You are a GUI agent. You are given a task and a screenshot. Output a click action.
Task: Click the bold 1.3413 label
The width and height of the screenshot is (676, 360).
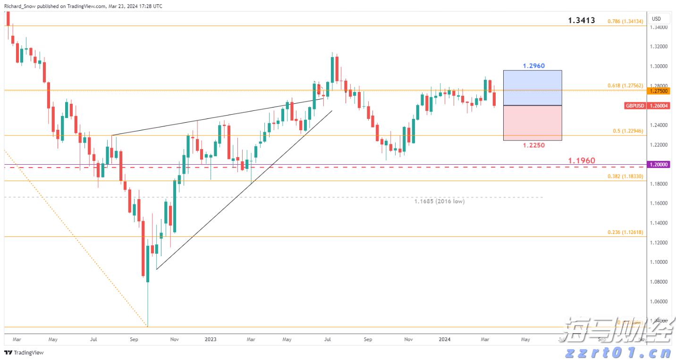pos(582,20)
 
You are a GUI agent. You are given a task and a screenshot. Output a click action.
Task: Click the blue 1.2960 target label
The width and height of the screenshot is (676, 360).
pos(533,66)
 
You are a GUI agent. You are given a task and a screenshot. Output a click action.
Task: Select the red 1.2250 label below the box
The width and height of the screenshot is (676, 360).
pos(533,145)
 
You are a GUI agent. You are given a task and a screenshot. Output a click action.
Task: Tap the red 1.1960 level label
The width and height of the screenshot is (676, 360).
pos(582,161)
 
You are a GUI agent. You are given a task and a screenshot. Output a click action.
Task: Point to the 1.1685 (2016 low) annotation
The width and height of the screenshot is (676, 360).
pos(439,201)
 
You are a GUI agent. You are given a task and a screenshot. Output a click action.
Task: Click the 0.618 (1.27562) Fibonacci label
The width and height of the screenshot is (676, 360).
pos(625,85)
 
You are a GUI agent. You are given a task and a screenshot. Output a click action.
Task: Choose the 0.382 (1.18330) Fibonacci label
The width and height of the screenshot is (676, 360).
pos(625,176)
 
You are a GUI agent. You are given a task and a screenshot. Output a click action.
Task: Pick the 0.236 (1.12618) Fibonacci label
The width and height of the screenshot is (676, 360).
pos(625,233)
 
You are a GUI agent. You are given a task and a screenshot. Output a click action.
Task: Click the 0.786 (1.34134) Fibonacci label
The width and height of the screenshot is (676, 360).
pos(625,21)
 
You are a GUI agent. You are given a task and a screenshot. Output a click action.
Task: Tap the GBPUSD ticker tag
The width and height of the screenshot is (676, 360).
pos(635,106)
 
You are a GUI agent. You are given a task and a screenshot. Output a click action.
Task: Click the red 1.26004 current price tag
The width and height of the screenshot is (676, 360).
pos(659,106)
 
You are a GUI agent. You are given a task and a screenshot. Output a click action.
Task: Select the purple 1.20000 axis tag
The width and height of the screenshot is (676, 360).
pos(659,165)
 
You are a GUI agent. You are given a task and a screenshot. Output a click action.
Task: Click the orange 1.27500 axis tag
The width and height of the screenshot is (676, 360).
pos(659,91)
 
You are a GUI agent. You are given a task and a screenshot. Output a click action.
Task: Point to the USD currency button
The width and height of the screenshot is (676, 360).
pos(656,19)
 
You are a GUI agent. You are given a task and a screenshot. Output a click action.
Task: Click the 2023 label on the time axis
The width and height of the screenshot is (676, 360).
pos(211,339)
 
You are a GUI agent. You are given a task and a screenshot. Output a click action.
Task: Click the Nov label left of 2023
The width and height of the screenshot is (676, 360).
pos(174,339)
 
